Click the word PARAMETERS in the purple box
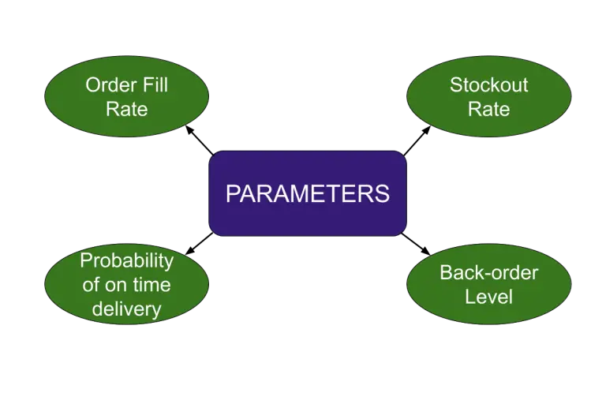pos(308,193)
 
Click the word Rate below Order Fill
pos(126,109)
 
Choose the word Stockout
pos(488,84)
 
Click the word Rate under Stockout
pos(488,109)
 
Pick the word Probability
pos(126,260)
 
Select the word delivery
pos(126,309)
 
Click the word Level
pos(488,297)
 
